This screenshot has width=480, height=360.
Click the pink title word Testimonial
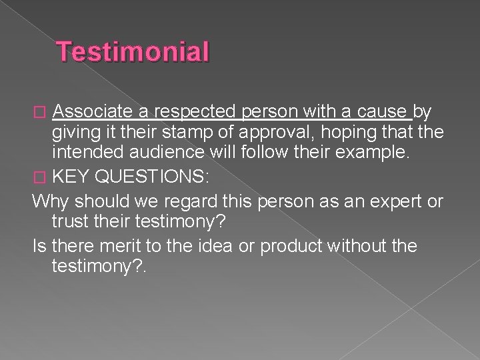coord(133,52)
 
